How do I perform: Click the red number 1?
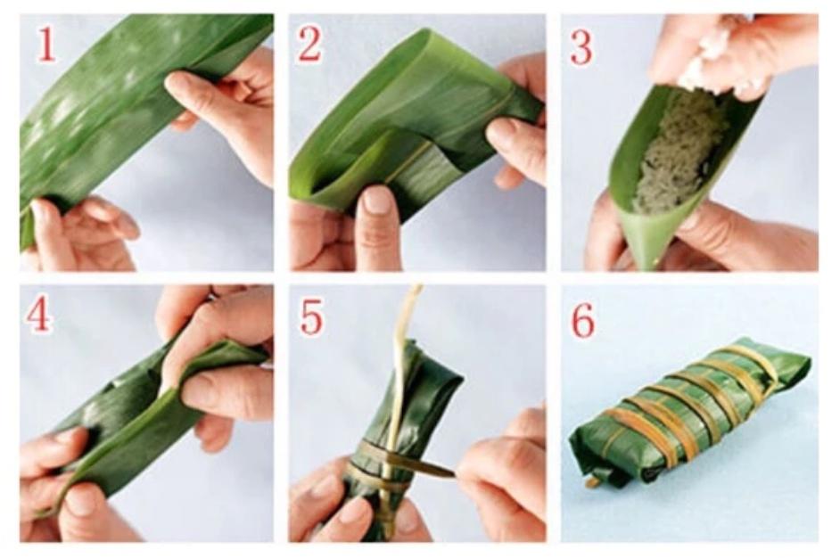[45, 44]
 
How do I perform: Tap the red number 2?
[309, 45]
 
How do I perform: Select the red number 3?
[581, 46]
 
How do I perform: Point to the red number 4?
[39, 316]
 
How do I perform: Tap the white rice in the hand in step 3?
[707, 59]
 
